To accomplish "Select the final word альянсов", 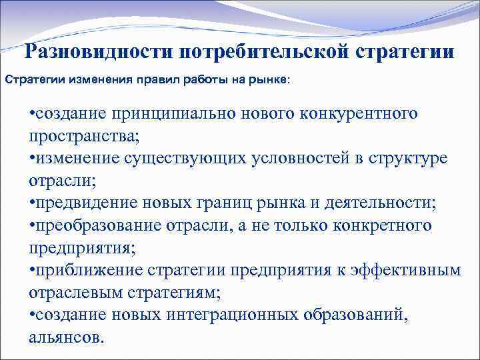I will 67,337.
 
